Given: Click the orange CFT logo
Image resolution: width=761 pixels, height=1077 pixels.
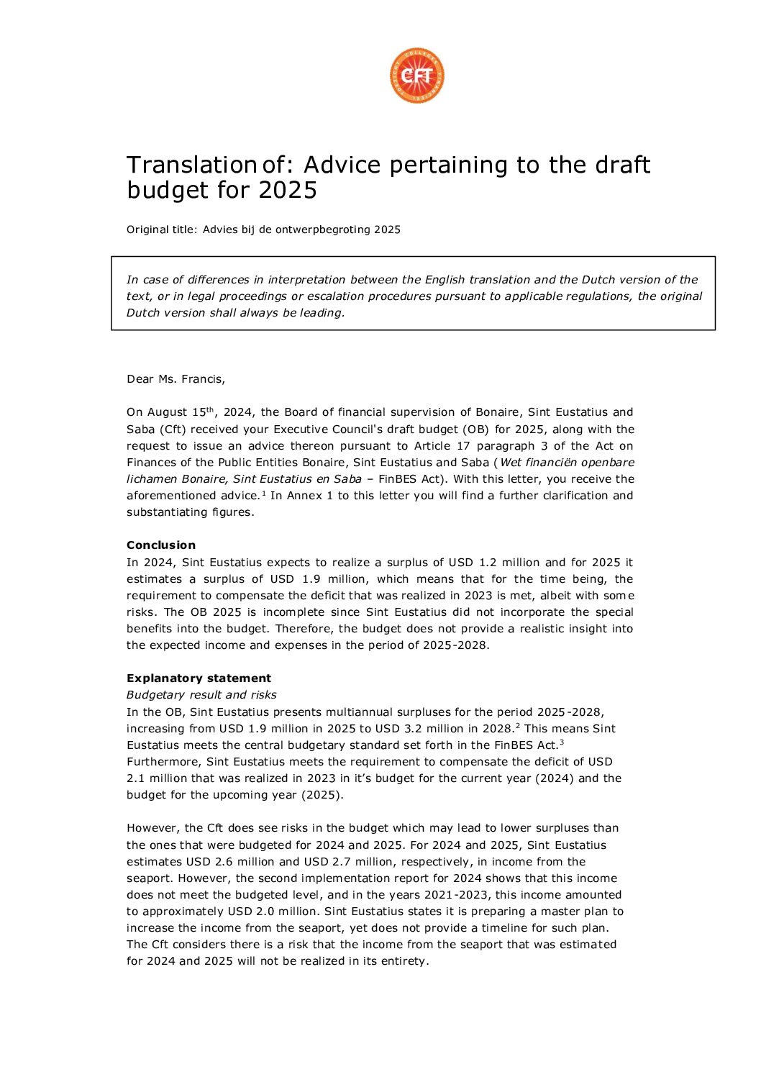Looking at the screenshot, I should [416, 76].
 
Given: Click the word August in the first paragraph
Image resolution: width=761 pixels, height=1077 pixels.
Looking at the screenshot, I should [167, 412].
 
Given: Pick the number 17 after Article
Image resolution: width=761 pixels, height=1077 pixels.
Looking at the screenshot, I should [463, 446].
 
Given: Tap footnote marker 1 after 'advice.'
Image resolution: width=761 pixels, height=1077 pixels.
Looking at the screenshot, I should [264, 493].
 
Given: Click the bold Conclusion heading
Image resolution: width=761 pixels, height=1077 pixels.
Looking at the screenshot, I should [161, 545].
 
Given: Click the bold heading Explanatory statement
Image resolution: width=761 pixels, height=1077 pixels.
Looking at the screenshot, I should [199, 678].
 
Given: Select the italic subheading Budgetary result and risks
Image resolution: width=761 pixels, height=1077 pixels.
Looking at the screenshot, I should [201, 695].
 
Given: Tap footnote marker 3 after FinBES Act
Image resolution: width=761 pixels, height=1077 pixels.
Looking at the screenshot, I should [561, 742].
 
